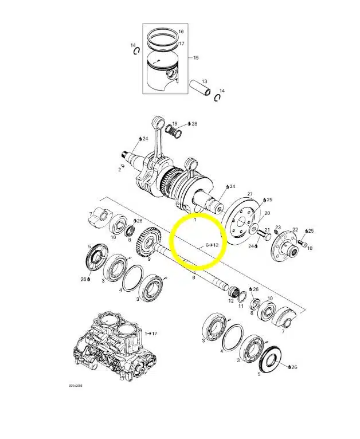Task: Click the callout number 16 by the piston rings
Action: pos(181,32)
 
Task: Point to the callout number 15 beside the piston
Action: pos(196,58)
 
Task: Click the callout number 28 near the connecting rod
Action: pos(194,124)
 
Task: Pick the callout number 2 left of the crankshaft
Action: pos(120,170)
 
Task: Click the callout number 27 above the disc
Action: pos(249,194)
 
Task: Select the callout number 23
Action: pos(278,228)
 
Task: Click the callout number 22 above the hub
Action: pos(295,230)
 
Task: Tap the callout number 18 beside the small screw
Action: pos(310,248)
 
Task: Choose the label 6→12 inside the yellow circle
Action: pos(213,245)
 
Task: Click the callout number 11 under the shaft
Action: pos(241,306)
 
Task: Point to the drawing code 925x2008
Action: pos(76,386)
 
